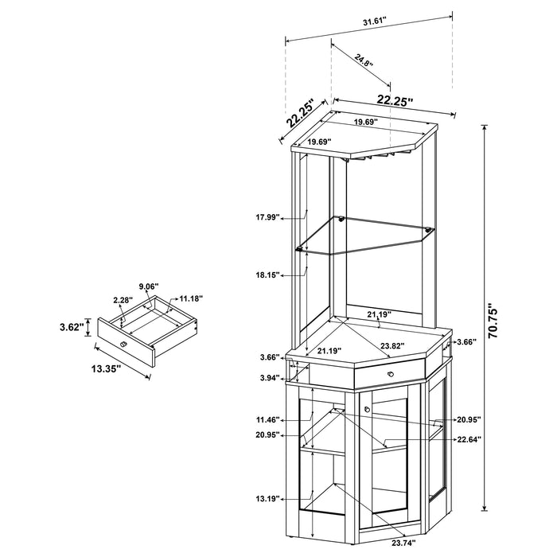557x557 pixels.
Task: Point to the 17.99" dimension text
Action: [268, 216]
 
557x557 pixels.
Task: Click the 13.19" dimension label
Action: [269, 500]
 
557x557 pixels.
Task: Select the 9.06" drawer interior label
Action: [149, 286]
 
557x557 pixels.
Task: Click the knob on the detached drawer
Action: [123, 343]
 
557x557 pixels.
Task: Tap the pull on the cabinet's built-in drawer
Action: [389, 373]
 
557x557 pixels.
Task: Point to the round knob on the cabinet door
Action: [368, 411]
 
